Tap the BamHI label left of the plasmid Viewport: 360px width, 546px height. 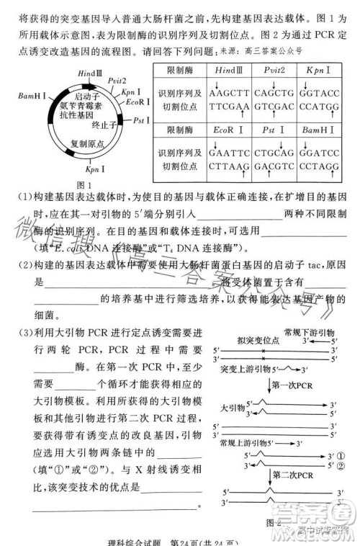(33, 95)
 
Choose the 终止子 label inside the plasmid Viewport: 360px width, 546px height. (104, 123)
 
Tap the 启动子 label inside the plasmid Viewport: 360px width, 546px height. (87, 96)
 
